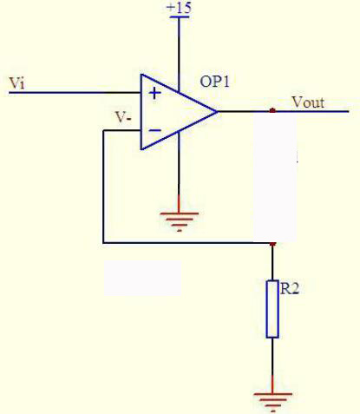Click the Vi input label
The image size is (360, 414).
[17, 82]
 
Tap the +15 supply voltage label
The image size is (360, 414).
[180, 7]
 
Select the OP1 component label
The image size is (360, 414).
[215, 82]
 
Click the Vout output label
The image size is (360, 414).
[308, 102]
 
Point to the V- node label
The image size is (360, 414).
[124, 117]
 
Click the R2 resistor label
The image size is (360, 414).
[290, 288]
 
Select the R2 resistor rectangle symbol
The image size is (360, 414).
[272, 309]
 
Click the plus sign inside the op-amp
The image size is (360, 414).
[154, 94]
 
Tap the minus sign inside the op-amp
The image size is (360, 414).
[155, 130]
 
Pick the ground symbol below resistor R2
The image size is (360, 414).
[272, 402]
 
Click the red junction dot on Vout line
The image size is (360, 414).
[272, 110]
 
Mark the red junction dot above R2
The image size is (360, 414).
[272, 244]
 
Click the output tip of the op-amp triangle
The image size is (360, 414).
[218, 111]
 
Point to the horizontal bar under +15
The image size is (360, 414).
[180, 16]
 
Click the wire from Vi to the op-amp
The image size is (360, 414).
[75, 93]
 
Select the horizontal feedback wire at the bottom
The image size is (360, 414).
[187, 243]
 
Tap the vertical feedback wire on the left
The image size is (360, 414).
[103, 187]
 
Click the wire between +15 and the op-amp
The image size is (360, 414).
[179, 55]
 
